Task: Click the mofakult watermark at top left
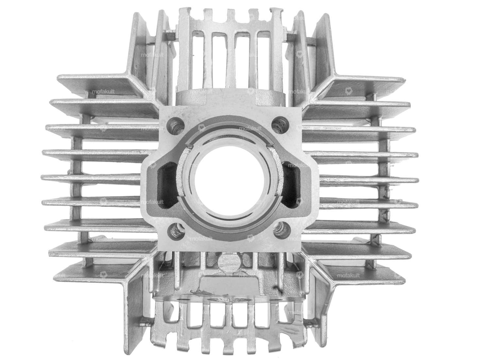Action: coord(152,55)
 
